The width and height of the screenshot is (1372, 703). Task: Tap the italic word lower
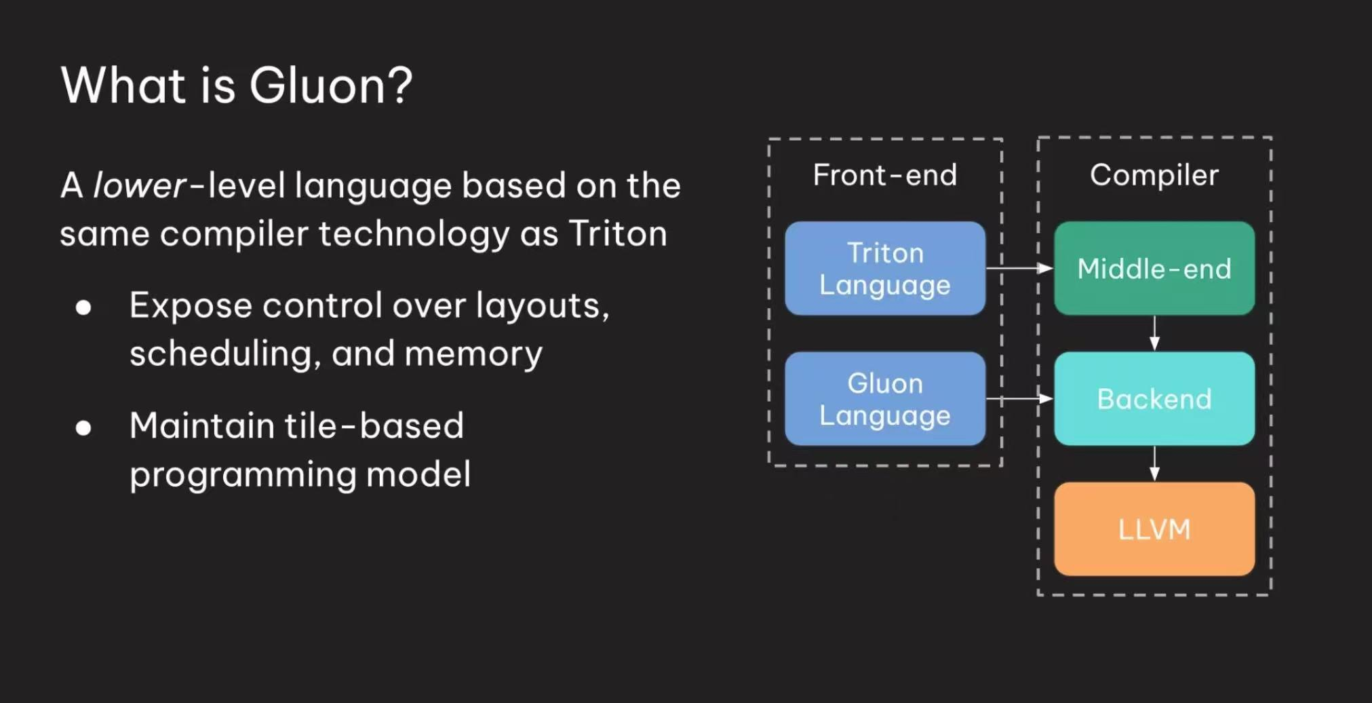139,186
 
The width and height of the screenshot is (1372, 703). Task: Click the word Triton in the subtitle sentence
617,234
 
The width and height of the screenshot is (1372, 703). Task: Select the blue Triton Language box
884,269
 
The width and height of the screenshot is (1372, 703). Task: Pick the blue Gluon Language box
884,399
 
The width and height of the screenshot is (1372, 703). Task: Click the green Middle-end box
1154,269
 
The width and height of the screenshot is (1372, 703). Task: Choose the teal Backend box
1154,399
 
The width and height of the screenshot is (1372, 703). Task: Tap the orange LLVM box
1154,529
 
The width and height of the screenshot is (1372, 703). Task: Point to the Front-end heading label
884,175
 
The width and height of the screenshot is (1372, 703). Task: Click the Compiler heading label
1154,175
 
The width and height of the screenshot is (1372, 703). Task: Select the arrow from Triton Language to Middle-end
1019,269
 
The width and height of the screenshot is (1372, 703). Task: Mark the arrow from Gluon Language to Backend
1019,399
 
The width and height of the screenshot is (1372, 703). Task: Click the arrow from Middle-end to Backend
1154,333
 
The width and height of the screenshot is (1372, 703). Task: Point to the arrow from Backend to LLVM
1154,463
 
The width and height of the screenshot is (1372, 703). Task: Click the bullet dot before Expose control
83,308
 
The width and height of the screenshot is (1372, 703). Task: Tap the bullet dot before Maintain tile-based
83,428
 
